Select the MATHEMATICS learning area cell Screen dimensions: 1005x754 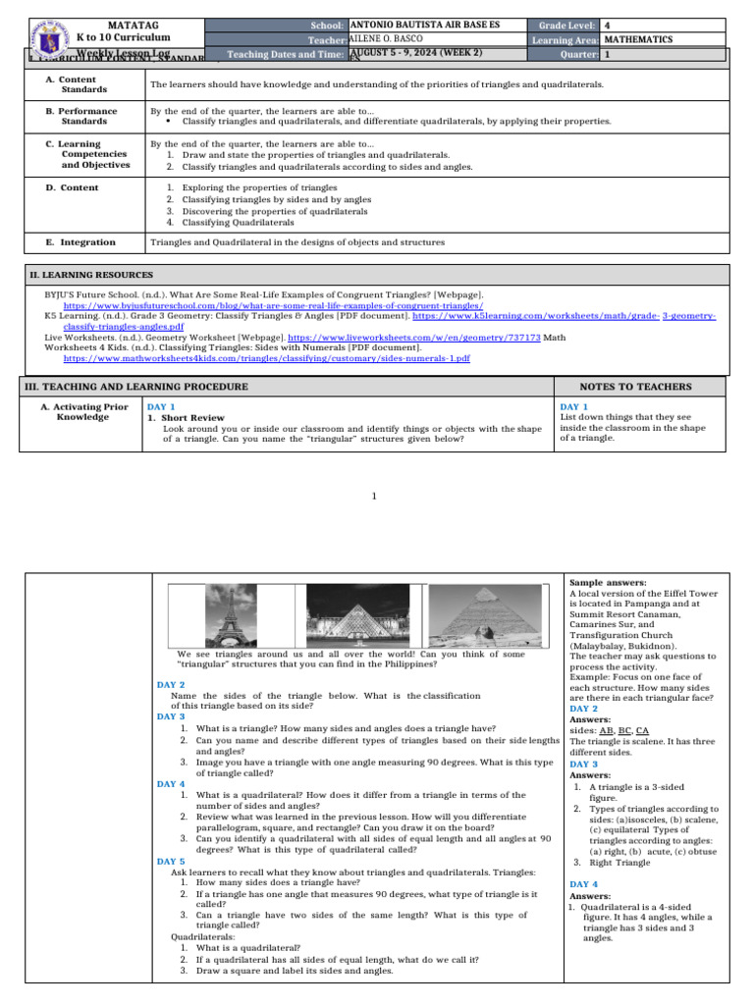click(638, 39)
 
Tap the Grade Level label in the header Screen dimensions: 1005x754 click(563, 25)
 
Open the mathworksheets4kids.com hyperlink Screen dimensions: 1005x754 click(266, 359)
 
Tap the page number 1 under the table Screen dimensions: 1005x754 click(374, 495)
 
